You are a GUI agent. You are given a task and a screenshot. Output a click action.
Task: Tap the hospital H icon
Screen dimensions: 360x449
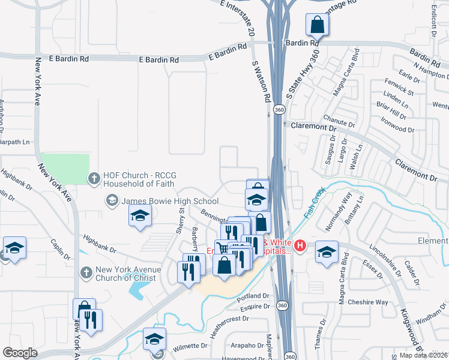tap(300, 245)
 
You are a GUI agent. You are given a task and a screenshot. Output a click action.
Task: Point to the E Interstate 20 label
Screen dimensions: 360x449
tap(237, 18)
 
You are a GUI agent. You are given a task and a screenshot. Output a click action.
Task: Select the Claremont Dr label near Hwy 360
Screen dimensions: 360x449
tap(314, 127)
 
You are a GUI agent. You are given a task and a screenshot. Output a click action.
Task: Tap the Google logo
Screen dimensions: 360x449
tap(20, 352)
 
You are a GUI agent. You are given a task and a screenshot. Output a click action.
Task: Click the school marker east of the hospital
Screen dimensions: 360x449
tap(327, 251)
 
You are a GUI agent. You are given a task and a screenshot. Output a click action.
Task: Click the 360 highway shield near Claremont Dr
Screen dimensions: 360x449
tap(279, 110)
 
